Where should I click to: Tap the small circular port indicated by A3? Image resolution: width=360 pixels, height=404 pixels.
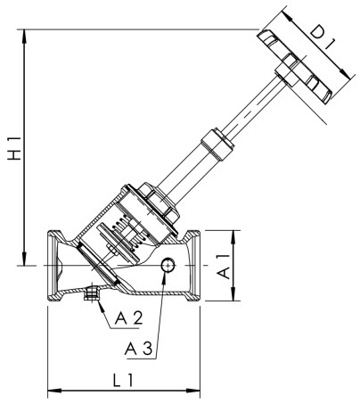(x=167, y=265)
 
